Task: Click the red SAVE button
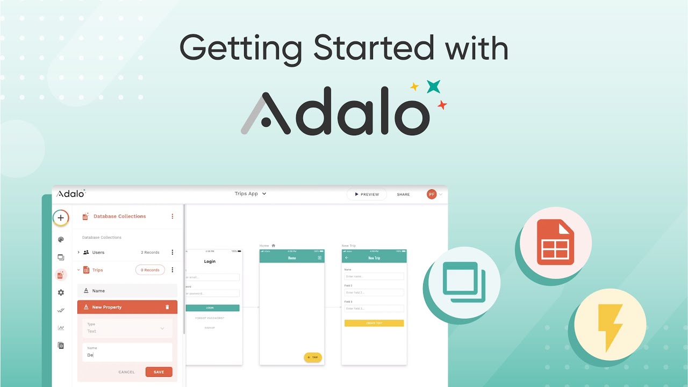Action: (159, 372)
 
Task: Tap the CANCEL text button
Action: (127, 372)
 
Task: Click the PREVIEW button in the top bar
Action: (367, 195)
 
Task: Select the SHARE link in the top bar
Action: (403, 195)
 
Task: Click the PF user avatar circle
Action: (432, 194)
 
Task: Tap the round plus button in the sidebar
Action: (61, 218)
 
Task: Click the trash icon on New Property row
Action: (167, 307)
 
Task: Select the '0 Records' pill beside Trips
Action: (150, 270)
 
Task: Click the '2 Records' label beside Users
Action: (150, 252)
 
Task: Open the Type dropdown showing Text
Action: (127, 328)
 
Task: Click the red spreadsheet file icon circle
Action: (556, 242)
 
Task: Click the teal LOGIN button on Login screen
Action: (213, 308)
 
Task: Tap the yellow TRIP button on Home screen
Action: (313, 357)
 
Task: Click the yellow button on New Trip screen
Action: (374, 323)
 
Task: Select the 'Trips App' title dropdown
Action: (250, 193)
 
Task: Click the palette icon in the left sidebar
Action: (61, 240)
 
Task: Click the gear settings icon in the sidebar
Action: (61, 292)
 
